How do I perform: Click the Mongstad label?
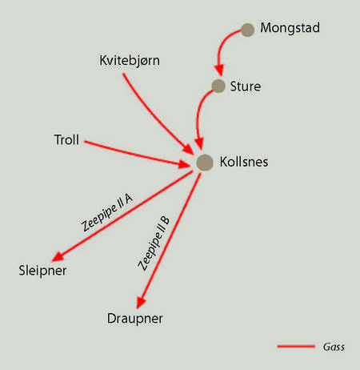(x=290, y=28)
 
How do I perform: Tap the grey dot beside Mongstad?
(x=247, y=30)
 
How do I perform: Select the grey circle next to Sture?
(x=218, y=86)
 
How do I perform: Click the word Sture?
(x=246, y=86)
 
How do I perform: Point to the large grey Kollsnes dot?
(x=205, y=163)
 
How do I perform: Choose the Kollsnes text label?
(x=244, y=162)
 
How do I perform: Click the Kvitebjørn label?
(x=130, y=61)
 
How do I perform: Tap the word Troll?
(x=66, y=140)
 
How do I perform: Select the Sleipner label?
(x=42, y=271)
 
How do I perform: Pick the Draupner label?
(x=135, y=319)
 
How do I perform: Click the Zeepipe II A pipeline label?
(x=106, y=213)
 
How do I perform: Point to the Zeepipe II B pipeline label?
(x=154, y=243)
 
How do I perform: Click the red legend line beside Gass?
(x=296, y=347)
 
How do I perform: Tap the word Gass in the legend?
(x=334, y=347)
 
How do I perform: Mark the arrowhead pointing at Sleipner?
(x=58, y=256)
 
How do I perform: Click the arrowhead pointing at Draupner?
(x=141, y=303)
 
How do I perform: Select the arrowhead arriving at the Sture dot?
(x=220, y=70)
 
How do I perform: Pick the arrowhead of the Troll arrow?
(x=185, y=164)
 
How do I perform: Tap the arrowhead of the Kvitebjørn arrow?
(x=188, y=150)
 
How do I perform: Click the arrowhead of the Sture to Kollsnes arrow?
(x=199, y=143)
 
